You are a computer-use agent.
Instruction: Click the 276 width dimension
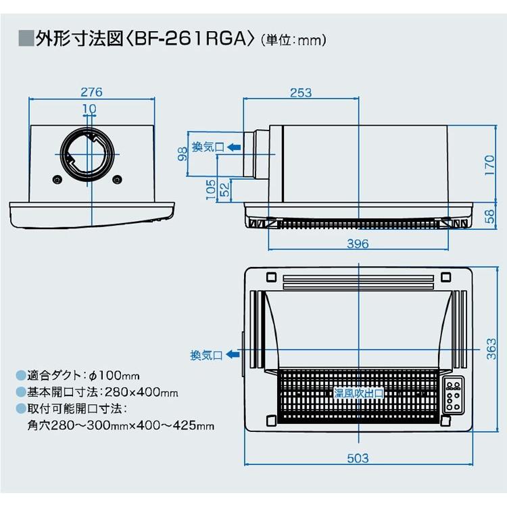(x=91, y=93)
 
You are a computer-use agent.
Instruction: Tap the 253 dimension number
(x=300, y=93)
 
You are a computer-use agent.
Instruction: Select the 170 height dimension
(x=491, y=164)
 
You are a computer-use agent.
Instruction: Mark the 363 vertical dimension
(x=492, y=349)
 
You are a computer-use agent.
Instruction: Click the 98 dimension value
(x=182, y=155)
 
